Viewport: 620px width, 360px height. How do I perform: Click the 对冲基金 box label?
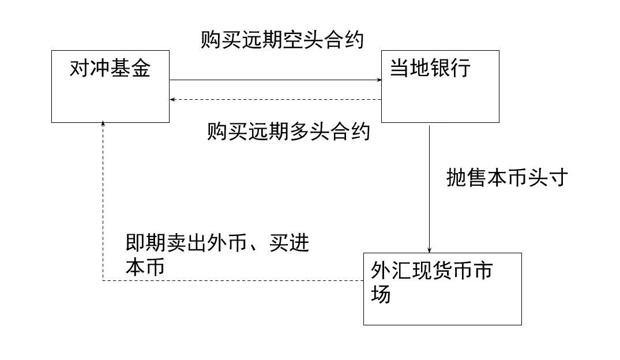(x=110, y=69)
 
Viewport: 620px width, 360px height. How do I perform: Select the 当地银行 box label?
(x=430, y=69)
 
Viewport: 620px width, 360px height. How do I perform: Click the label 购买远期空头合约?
(x=283, y=40)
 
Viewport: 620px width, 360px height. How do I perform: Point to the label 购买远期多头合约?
(x=288, y=132)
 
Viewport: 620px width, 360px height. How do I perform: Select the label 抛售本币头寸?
(x=508, y=178)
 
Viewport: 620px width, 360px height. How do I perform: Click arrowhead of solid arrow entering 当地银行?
(x=378, y=80)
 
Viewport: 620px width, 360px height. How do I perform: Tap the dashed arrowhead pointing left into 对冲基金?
(x=172, y=100)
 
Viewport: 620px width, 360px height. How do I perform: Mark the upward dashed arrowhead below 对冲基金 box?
(x=103, y=125)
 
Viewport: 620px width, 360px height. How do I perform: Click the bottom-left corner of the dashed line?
(x=103, y=281)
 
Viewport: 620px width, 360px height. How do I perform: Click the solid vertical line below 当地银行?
(x=430, y=185)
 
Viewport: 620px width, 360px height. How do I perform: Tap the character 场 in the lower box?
(x=381, y=294)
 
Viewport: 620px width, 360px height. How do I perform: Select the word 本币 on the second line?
(x=145, y=268)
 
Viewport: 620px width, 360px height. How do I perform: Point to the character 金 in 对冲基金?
(x=140, y=69)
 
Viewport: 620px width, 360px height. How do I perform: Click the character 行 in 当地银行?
(x=461, y=69)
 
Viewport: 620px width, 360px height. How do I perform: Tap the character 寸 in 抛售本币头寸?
(x=558, y=178)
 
